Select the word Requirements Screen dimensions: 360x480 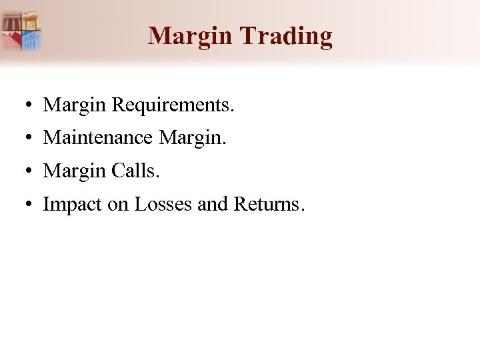pos(173,105)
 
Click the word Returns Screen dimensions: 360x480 pos(269,204)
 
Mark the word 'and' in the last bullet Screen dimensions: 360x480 pos(213,204)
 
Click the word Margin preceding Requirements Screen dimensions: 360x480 pos(75,105)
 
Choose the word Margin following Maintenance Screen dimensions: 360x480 pos(193,138)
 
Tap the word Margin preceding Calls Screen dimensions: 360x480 pos(75,171)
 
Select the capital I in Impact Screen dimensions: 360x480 pos(46,204)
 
